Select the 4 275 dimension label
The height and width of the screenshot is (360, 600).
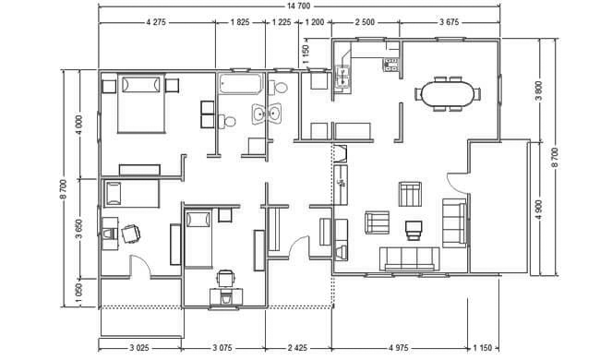coord(156,22)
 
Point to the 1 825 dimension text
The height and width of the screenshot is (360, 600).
coord(240,22)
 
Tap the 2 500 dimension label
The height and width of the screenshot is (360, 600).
coord(365,22)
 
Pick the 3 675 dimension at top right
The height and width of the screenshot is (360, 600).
coord(449,22)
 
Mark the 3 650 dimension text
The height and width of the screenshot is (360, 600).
coord(79,228)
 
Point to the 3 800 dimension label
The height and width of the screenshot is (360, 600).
coord(538,90)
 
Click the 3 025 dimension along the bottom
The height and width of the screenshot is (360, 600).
coord(138,348)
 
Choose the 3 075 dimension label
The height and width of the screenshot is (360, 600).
coord(222,348)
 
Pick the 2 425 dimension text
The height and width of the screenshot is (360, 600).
coord(297,348)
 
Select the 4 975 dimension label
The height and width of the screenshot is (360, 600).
coord(399,348)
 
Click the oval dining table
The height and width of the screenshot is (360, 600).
coord(448,94)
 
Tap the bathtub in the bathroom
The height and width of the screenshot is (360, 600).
coord(241,84)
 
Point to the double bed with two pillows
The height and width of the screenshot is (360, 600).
coord(141,103)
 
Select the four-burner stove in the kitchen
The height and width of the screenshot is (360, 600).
coord(390,65)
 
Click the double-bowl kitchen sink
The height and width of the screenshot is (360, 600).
coord(342,77)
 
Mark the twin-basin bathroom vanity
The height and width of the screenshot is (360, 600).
coord(267,114)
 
